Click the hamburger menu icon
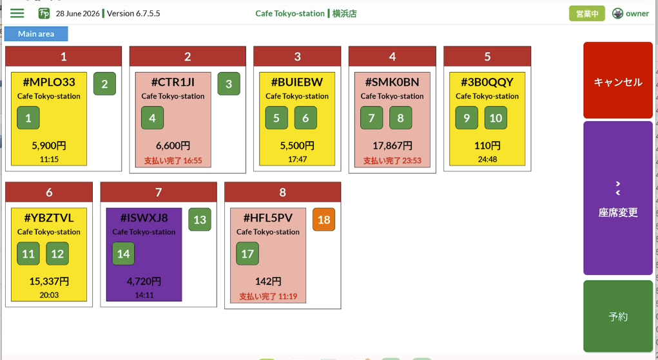17,14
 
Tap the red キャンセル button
617,80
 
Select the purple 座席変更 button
617,198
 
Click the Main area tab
36,34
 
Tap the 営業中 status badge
586,14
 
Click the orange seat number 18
324,220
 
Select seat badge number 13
200,220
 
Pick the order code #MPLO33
49,82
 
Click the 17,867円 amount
392,146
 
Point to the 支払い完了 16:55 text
173,160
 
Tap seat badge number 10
496,118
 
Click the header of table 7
159,192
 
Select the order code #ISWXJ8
144,218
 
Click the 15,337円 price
49,281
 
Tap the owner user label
637,14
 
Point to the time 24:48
487,159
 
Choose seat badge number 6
305,118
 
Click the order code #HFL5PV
267,218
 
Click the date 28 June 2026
77,14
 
